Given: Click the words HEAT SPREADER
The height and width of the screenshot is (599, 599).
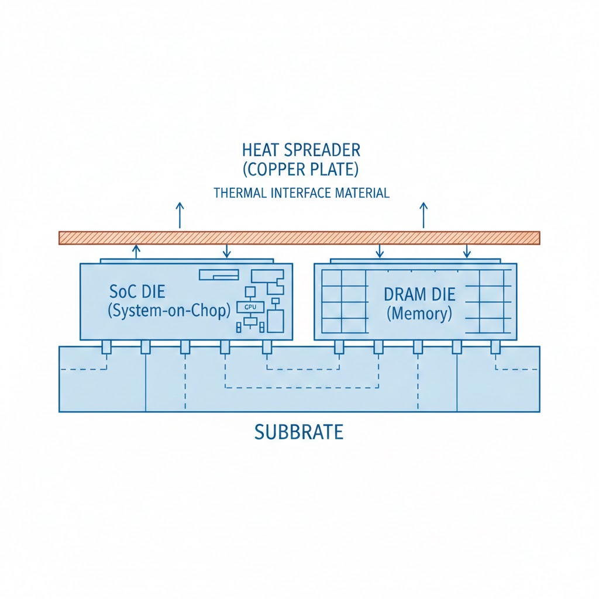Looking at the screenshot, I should click(x=301, y=150).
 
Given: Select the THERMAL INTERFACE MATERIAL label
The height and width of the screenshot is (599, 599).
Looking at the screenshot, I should click(x=301, y=193).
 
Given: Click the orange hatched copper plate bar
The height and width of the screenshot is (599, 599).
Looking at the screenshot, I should click(x=299, y=237).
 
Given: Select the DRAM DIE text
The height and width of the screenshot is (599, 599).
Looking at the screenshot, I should click(x=419, y=294).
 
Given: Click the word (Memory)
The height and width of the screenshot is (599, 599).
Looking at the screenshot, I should click(x=419, y=314).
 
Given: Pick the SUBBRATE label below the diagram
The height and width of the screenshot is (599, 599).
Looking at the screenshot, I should click(x=299, y=432).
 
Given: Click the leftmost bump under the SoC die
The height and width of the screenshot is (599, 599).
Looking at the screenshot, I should click(x=106, y=347).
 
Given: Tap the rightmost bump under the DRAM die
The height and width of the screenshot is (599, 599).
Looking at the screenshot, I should click(x=495, y=347).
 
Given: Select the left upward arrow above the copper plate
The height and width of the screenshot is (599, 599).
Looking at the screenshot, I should click(x=180, y=215).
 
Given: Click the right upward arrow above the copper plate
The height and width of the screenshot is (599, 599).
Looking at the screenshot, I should click(x=424, y=215).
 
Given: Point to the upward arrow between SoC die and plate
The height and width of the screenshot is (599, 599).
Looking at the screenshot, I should click(x=136, y=252).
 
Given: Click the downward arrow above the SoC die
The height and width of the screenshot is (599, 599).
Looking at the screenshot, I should click(x=227, y=252).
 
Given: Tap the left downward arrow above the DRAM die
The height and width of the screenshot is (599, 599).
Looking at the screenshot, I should click(x=380, y=252).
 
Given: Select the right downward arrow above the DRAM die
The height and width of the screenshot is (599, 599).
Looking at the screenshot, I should click(x=466, y=252).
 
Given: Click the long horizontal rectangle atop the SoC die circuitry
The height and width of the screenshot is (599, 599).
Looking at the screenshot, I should click(x=219, y=274).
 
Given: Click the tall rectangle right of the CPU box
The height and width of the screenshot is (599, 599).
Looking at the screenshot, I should click(x=275, y=321).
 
